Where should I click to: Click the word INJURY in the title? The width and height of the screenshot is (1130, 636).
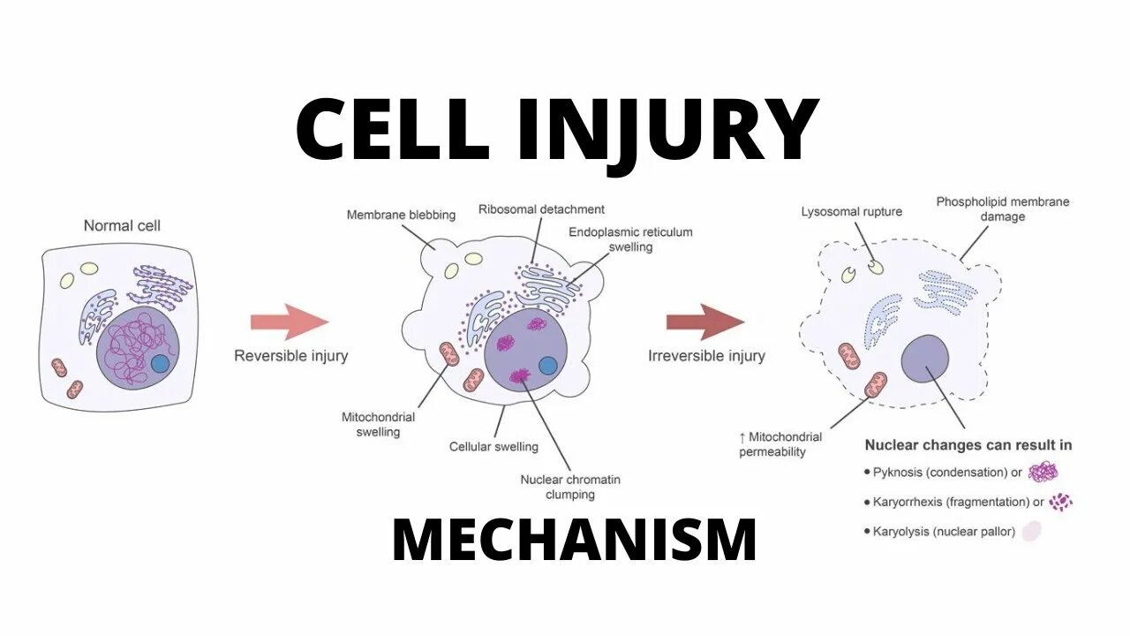[667, 130]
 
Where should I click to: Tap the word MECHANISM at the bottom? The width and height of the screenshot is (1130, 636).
[575, 541]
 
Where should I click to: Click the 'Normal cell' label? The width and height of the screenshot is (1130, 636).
[122, 225]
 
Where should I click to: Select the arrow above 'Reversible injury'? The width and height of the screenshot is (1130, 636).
[289, 322]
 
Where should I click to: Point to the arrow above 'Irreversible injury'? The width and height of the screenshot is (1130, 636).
[704, 322]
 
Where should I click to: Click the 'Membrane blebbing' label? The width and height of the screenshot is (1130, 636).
[401, 215]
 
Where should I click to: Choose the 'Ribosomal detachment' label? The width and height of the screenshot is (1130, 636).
[541, 209]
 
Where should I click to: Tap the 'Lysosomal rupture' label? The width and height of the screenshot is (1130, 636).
[851, 212]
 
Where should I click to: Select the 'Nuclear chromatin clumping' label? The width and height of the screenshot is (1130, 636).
[570, 487]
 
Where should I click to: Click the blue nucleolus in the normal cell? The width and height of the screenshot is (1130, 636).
[161, 363]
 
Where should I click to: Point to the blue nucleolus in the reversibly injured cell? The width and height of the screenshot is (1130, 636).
[547, 364]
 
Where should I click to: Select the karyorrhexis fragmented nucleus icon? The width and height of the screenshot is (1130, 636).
[1060, 501]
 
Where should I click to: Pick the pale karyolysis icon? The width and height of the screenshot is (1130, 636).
[1032, 531]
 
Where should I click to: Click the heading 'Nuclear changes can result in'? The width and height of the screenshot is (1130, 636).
[968, 445]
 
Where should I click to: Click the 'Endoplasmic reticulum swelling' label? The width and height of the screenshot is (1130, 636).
[629, 239]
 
